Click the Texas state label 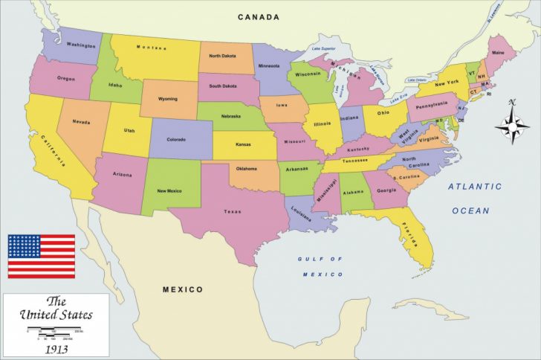coord(233,211)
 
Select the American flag coord(41,256)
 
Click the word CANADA coord(259,17)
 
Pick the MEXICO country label coord(183,289)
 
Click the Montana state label coord(152,48)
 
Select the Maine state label coord(497,52)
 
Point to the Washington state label coord(80,45)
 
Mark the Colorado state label coord(176,139)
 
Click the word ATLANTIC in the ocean coord(474,187)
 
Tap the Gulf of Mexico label coord(321,266)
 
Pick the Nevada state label coord(81,123)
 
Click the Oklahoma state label coord(247,168)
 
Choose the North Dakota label coord(223,56)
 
